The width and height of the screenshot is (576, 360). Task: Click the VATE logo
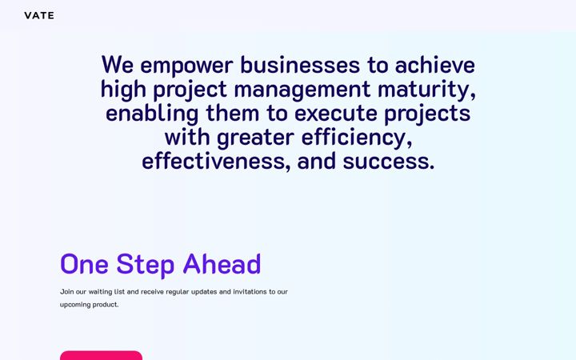click(x=39, y=15)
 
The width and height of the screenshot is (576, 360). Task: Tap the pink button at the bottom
click(x=101, y=355)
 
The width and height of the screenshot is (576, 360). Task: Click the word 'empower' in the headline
click(x=186, y=66)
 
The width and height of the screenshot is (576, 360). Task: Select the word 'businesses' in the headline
click(x=300, y=65)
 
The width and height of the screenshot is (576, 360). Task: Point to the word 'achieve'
click(x=435, y=65)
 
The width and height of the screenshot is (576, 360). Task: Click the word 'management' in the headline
click(x=302, y=90)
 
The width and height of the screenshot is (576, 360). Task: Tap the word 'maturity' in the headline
click(x=426, y=90)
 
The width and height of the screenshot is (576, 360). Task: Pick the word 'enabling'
click(x=152, y=114)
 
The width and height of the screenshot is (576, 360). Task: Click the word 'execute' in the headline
click(x=335, y=114)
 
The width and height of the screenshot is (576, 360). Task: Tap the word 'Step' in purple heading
click(x=145, y=264)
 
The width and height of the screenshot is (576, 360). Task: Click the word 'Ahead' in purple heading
click(x=222, y=264)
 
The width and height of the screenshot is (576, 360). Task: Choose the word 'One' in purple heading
click(x=84, y=264)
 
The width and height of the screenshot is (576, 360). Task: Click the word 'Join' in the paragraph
click(x=67, y=292)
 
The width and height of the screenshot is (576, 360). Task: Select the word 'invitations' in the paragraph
click(x=250, y=292)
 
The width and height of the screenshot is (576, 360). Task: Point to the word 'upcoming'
click(x=75, y=305)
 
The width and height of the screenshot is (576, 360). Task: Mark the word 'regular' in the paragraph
click(x=177, y=292)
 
